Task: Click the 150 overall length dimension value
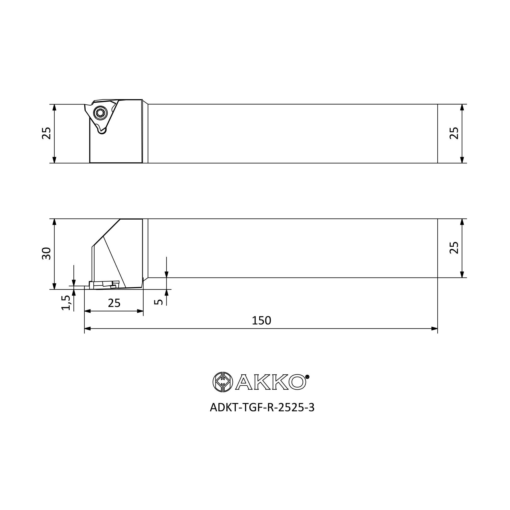(261, 321)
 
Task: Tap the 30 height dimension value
(46, 253)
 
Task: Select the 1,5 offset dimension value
(66, 303)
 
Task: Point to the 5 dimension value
(158, 302)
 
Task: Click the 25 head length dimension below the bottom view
(114, 303)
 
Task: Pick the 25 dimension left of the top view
(46, 133)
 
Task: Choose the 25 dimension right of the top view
(454, 133)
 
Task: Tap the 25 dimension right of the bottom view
(454, 248)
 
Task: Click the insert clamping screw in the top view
(100, 113)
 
